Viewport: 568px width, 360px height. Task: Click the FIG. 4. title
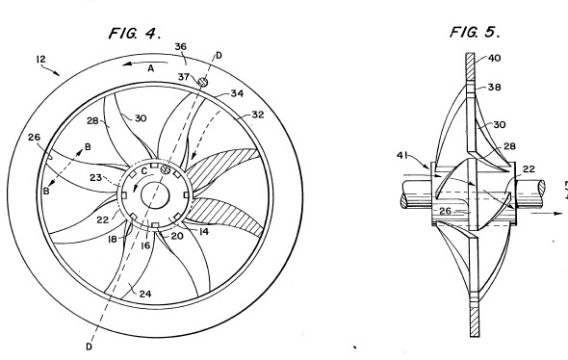click(x=135, y=33)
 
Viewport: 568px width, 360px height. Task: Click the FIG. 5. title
click(x=475, y=32)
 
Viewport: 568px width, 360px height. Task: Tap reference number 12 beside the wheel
click(x=41, y=59)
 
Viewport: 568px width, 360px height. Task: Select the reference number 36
click(x=180, y=47)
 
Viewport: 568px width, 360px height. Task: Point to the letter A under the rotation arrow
click(x=151, y=68)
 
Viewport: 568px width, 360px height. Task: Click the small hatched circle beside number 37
click(x=203, y=82)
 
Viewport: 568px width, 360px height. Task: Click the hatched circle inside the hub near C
click(x=166, y=168)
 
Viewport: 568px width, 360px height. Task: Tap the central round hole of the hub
click(x=155, y=195)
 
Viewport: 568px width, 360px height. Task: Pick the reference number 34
click(x=237, y=93)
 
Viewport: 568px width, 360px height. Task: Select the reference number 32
click(x=258, y=115)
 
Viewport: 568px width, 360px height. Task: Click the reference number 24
click(x=145, y=294)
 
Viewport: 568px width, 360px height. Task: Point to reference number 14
click(x=204, y=231)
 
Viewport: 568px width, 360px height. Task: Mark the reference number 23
click(x=95, y=177)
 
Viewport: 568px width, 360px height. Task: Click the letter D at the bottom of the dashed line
click(x=90, y=347)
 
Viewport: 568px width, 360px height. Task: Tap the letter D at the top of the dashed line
click(x=219, y=56)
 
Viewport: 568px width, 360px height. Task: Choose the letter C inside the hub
click(x=144, y=171)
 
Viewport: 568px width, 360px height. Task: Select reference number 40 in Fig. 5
click(x=495, y=58)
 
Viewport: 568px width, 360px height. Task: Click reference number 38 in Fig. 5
click(x=495, y=87)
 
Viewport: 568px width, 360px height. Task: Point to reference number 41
click(x=402, y=155)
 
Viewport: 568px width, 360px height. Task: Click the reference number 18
click(x=113, y=239)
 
